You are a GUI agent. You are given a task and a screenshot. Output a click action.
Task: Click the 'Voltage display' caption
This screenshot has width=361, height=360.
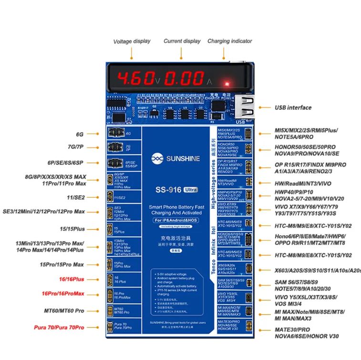click(x=132, y=42)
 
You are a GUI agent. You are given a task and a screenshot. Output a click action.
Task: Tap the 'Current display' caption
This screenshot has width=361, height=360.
click(x=182, y=41)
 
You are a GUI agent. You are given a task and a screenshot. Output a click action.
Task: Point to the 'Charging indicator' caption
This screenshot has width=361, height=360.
click(x=229, y=41)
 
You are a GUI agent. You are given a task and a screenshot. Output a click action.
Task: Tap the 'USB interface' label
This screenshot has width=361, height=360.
click(x=293, y=107)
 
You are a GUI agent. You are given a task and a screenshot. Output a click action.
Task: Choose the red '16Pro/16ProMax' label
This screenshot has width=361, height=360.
click(x=63, y=293)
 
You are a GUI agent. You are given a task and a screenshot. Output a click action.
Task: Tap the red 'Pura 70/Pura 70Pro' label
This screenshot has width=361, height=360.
click(x=59, y=328)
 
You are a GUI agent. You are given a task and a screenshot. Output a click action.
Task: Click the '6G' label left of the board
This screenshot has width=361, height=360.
click(x=80, y=134)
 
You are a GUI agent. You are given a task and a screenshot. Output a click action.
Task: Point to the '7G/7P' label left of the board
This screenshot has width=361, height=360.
click(x=76, y=147)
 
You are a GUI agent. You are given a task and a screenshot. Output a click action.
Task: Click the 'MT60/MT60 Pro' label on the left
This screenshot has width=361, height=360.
click(x=64, y=310)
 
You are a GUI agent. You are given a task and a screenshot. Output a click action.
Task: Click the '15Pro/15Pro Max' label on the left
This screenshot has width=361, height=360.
click(x=62, y=265)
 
